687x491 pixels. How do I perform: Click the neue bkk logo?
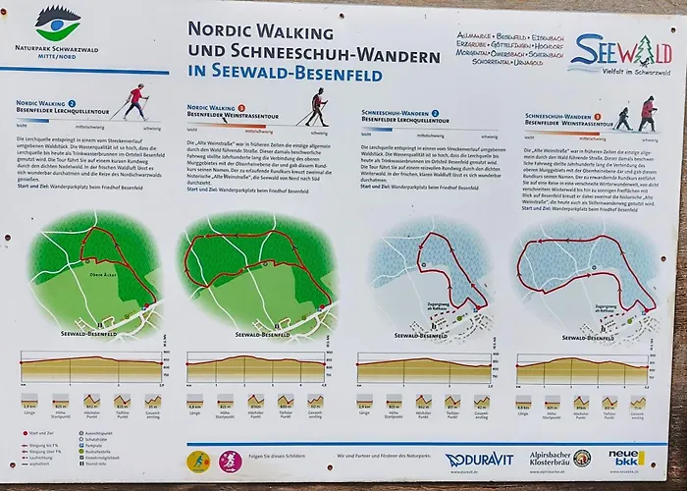point(625,458)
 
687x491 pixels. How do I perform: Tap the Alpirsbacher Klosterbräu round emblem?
point(582,459)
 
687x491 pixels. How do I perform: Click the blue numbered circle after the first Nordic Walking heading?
point(72,103)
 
